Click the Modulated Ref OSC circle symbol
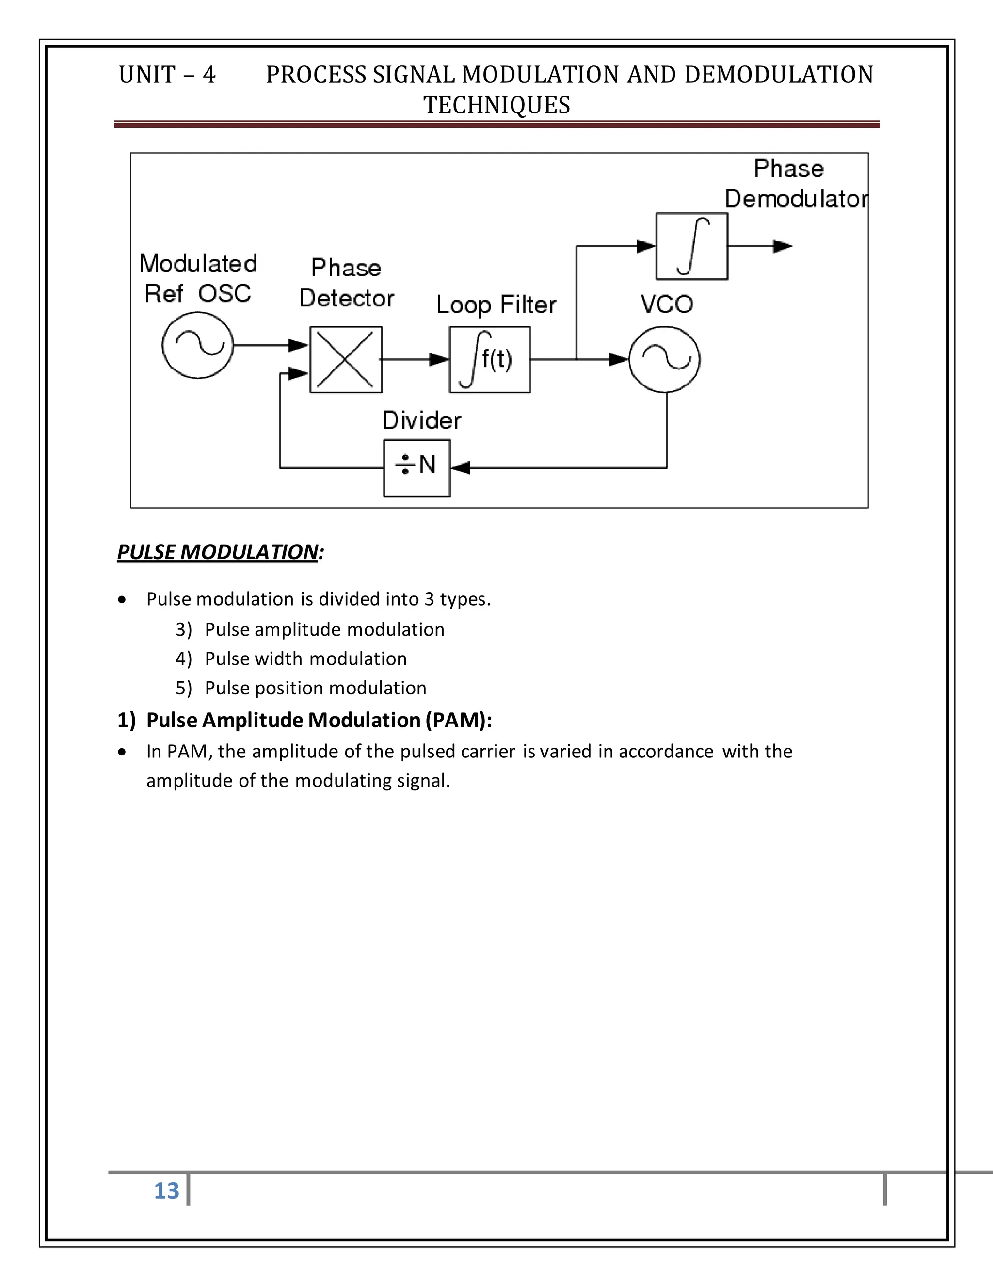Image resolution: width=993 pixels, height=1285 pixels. click(x=198, y=345)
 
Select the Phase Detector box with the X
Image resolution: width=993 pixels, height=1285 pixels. click(x=346, y=359)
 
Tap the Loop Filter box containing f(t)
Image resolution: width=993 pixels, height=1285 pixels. click(x=489, y=359)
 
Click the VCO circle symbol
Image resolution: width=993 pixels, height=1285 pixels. click(x=665, y=359)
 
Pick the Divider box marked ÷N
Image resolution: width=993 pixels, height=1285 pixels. click(x=416, y=468)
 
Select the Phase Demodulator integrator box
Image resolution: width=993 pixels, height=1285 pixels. click(x=692, y=246)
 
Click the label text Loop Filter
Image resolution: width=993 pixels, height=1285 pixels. click(x=496, y=305)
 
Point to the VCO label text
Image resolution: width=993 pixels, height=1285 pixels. click(x=667, y=304)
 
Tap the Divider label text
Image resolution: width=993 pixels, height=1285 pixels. click(x=422, y=420)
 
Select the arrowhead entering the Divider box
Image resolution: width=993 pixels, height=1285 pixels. click(x=460, y=468)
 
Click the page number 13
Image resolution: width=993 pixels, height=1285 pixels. click(x=166, y=1190)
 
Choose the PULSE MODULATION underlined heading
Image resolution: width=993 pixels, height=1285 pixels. click(x=218, y=552)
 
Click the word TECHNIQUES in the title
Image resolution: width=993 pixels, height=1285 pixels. click(x=496, y=105)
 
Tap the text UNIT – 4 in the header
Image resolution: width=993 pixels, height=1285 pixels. click(x=167, y=75)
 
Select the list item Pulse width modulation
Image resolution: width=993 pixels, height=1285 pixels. click(x=305, y=659)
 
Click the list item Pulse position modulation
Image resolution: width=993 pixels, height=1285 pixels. click(x=315, y=688)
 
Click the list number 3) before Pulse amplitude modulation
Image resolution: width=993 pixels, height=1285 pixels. click(x=184, y=629)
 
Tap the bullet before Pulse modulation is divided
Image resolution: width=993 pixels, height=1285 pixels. click(x=122, y=599)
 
